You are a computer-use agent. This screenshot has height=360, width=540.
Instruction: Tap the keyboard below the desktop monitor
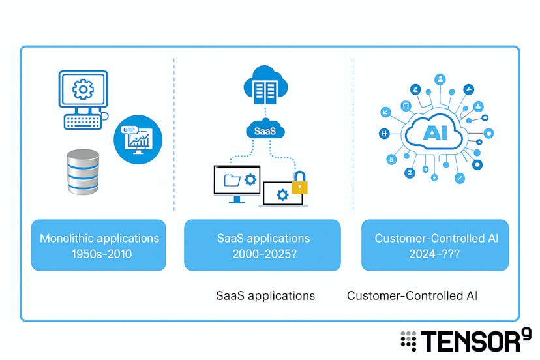83,121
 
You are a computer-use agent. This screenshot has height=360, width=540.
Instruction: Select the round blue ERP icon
138,139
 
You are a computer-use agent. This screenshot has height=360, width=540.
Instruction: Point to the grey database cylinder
83,172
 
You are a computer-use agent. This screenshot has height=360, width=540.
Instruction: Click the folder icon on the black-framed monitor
233,181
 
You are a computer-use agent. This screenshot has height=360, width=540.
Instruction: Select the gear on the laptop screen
282,194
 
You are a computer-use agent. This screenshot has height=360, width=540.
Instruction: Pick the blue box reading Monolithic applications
98,245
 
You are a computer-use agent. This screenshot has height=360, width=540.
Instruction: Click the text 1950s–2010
98,254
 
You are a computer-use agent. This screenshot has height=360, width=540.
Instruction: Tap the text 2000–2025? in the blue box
262,254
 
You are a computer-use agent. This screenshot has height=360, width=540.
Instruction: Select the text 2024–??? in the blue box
436,254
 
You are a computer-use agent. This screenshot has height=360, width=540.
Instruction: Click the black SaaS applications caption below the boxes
265,295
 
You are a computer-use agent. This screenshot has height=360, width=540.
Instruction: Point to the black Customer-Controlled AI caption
412,295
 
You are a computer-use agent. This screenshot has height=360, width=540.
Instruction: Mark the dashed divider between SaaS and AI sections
353,134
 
